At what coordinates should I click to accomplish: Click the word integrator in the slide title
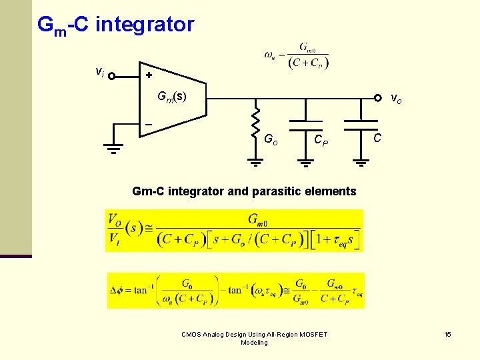coord(145,25)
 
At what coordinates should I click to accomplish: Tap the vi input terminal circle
coord(112,76)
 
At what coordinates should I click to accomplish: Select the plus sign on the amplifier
coord(149,76)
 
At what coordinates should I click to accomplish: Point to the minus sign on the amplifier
coord(149,124)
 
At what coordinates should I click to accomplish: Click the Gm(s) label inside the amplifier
coord(172,97)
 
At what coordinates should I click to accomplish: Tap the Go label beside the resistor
coord(271,140)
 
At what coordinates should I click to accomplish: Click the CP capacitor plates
coord(305,125)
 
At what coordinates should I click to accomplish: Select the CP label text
coord(321,141)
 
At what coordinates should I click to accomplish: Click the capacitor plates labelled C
coord(360,125)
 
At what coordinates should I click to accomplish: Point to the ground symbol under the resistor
coord(255,161)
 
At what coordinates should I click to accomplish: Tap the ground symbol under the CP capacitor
coord(305,161)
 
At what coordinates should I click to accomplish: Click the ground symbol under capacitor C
coord(360,161)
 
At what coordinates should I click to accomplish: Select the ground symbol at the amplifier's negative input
coord(113,149)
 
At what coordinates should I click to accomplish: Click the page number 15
coord(448,334)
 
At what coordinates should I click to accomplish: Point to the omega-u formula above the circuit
coord(297,56)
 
